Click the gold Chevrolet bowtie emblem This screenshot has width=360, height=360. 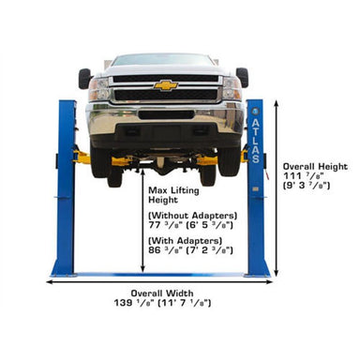(166, 85)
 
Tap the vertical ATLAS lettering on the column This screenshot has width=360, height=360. (255, 141)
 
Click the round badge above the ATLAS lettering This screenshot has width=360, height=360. (255, 111)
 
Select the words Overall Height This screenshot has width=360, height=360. (315, 167)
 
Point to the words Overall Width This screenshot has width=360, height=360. (162, 293)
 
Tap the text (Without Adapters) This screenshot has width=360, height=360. (192, 216)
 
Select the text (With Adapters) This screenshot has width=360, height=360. (186, 241)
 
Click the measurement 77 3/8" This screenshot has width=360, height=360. (166, 225)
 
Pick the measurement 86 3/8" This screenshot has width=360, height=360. (166, 250)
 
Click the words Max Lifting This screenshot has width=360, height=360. (173, 190)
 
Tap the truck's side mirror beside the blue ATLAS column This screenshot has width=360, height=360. (242, 77)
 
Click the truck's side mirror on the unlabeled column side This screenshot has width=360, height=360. (84, 79)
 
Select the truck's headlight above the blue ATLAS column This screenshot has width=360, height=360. (232, 88)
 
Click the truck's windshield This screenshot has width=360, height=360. (162, 60)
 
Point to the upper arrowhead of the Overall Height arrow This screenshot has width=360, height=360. (277, 104)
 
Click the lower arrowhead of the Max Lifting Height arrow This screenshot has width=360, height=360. (142, 268)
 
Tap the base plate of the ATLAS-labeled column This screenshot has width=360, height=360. (257, 276)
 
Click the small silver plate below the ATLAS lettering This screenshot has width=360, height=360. (255, 189)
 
